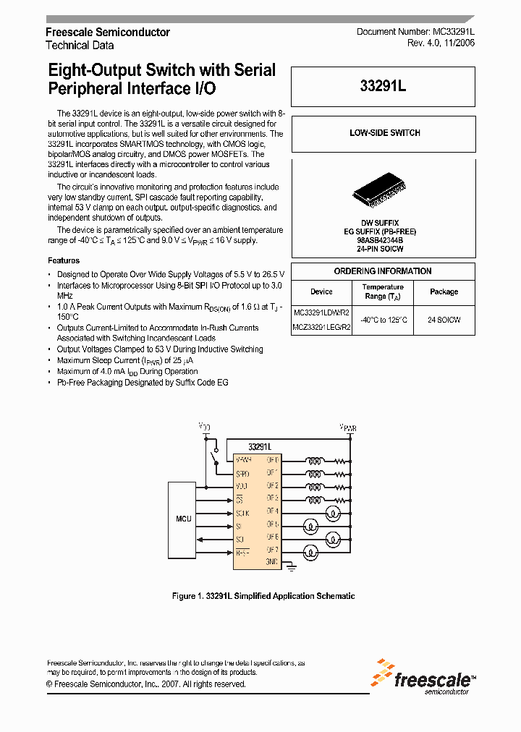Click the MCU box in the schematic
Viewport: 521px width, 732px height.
184,519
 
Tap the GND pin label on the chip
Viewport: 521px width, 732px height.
272,562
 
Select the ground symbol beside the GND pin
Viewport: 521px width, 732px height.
292,569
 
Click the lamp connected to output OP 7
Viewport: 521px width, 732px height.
309,552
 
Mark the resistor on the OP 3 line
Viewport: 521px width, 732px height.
339,498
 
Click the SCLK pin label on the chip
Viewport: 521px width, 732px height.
242,512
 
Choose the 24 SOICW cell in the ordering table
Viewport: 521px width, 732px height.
444,319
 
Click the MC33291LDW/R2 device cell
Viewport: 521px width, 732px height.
321,312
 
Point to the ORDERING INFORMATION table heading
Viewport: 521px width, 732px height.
383,271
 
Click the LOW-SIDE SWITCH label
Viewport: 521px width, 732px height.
384,133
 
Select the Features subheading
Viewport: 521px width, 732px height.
64,260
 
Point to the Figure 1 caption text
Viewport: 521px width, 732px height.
263,596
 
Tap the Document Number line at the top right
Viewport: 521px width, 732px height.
415,33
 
